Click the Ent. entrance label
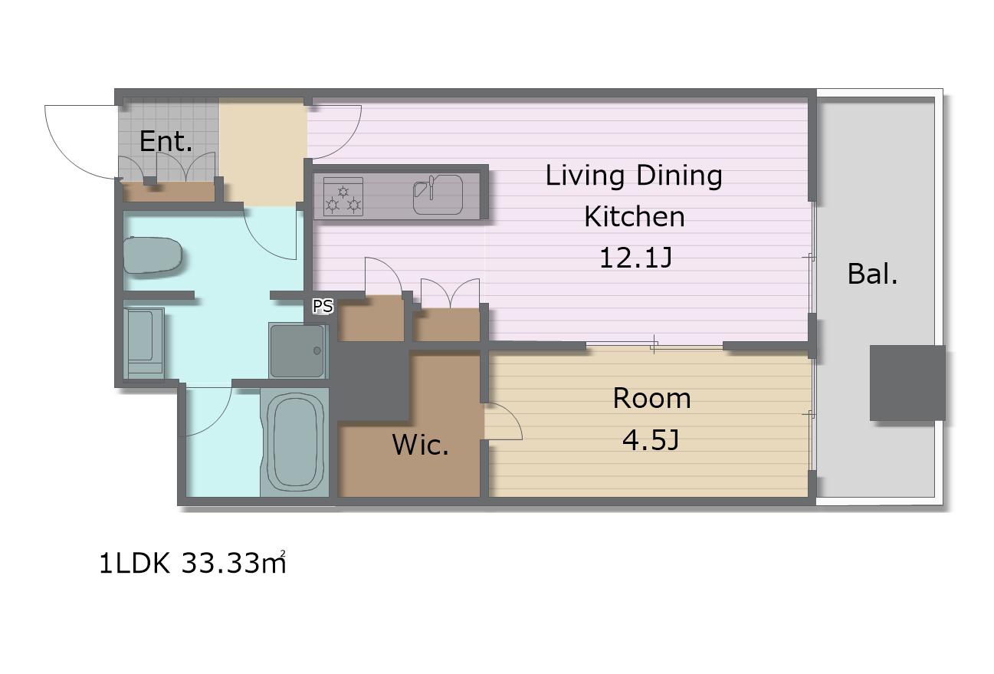click(166, 142)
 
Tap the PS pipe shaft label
click(323, 306)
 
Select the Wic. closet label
click(420, 445)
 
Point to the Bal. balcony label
click(872, 274)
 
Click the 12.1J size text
click(635, 258)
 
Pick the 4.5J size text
click(651, 440)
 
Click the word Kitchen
click(634, 216)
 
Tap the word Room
click(651, 398)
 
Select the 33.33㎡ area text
click(234, 563)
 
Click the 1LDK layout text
click(134, 564)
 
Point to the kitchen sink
click(438, 195)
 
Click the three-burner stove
click(343, 197)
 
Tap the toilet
click(153, 255)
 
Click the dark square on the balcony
click(907, 383)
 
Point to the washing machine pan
click(297, 351)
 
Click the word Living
click(585, 176)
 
